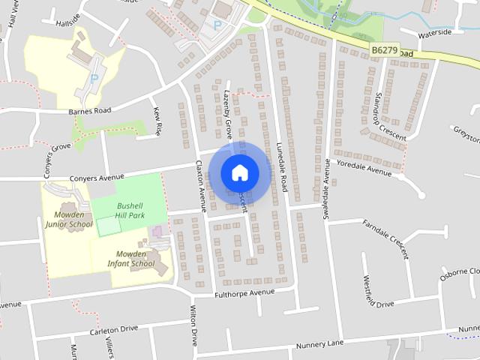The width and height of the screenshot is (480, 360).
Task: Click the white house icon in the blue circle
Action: click(239, 172)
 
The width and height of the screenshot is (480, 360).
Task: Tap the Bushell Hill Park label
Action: click(121, 210)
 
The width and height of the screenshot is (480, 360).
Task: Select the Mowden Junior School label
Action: click(69, 219)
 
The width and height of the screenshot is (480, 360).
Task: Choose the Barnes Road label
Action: click(89, 110)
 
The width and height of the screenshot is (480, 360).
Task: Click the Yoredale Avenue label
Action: click(364, 168)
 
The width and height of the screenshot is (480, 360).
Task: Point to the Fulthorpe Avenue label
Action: click(245, 292)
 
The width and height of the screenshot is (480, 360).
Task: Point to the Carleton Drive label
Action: click(114, 328)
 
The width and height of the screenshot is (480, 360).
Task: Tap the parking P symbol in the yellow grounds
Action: click(94, 76)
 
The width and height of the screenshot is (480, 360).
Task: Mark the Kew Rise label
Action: click(157, 121)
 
